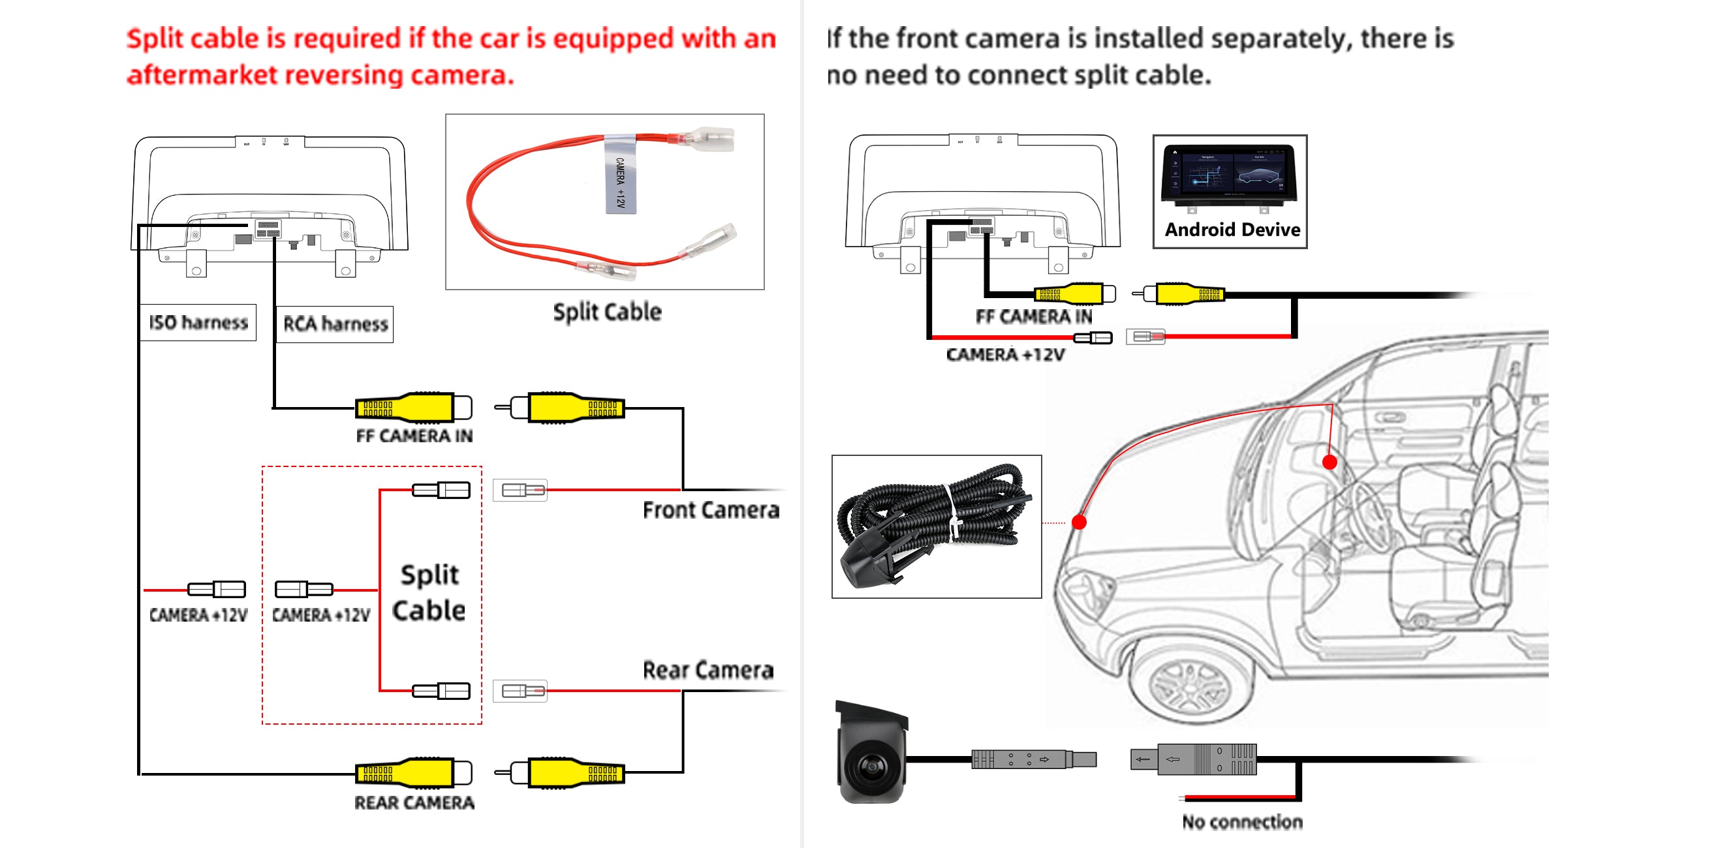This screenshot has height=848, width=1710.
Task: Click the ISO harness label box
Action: tap(198, 322)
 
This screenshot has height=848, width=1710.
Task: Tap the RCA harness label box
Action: tap(335, 324)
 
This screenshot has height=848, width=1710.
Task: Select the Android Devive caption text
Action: tap(1232, 230)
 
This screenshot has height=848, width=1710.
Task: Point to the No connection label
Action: tap(1242, 821)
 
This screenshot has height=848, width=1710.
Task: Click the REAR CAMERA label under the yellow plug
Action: tap(414, 803)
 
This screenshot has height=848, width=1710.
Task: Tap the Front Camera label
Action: tap(711, 509)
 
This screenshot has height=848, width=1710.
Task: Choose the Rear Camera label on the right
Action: tap(707, 670)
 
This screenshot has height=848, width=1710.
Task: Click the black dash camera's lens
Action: tap(869, 768)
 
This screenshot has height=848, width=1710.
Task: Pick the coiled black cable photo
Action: tap(936, 526)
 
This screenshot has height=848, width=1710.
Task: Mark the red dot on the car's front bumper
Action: tap(1080, 522)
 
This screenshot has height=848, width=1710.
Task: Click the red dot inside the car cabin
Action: tap(1329, 462)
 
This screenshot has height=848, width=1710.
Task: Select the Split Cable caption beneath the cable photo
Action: tap(607, 312)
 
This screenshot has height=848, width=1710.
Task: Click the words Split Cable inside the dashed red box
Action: tap(429, 592)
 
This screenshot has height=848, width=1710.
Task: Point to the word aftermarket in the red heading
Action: tap(202, 75)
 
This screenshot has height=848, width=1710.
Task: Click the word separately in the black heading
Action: tap(1281, 38)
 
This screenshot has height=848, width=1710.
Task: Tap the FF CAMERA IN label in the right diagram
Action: tap(1034, 317)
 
